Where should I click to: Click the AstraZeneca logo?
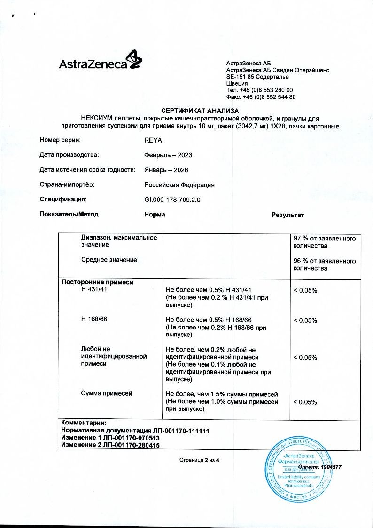click(99, 63)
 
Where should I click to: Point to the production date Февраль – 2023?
click(168, 155)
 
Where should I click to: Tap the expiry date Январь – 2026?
click(166, 170)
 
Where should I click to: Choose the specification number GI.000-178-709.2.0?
click(172, 200)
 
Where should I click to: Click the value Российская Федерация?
click(179, 185)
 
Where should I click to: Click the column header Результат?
click(288, 215)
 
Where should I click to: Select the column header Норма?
click(155, 215)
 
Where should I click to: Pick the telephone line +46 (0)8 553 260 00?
click(259, 90)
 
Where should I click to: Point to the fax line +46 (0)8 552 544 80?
click(261, 97)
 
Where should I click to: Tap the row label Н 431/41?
click(94, 290)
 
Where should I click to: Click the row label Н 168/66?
click(94, 320)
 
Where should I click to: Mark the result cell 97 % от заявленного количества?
click(325, 242)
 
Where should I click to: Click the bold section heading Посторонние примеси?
click(98, 282)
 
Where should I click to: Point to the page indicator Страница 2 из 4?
click(199, 459)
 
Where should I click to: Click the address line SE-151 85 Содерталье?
click(257, 77)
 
